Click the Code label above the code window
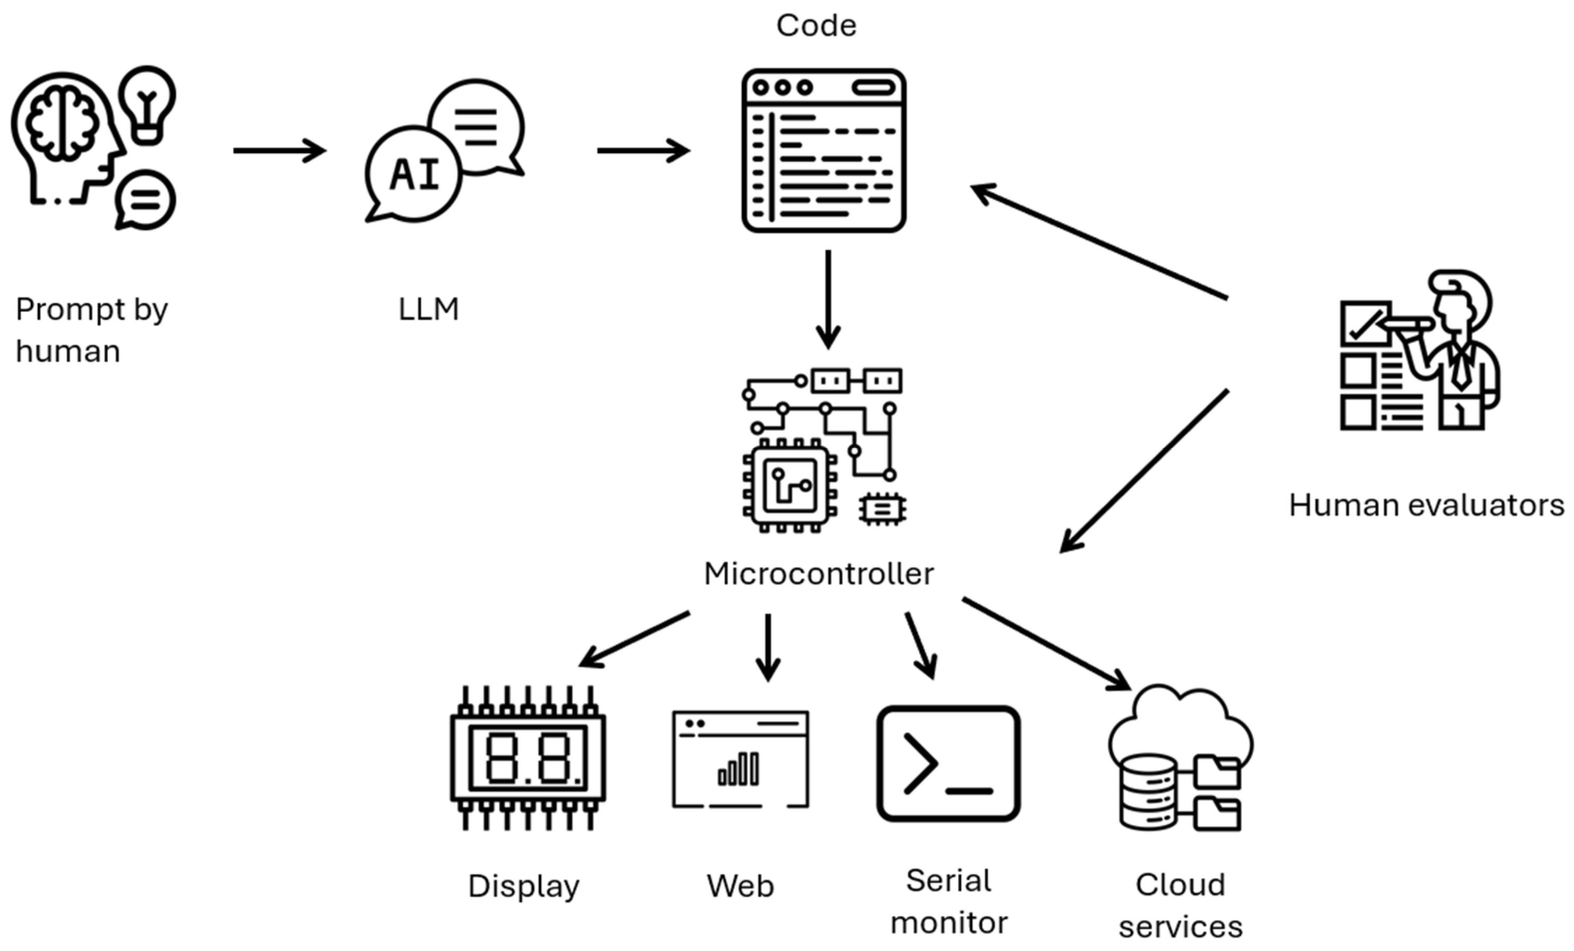[x=816, y=26]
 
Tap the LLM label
[x=429, y=310]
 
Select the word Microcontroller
[x=819, y=573]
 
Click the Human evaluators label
[x=1427, y=505]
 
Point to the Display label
[x=524, y=886]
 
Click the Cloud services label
[x=1180, y=906]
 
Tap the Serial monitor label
[x=949, y=901]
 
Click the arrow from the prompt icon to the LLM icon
[x=280, y=151]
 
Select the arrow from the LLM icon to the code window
[x=643, y=151]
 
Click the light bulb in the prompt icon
[x=147, y=102]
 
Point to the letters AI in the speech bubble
[x=415, y=175]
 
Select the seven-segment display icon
[x=528, y=758]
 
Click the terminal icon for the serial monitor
[x=948, y=763]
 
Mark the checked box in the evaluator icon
[x=1365, y=323]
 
